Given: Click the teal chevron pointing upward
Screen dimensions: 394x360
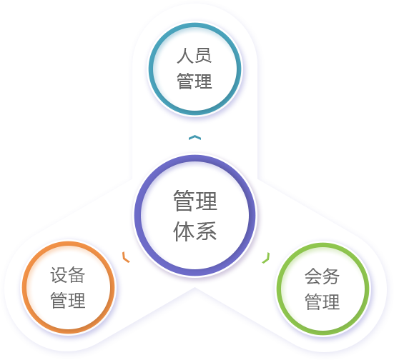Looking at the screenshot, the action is pyautogui.click(x=194, y=137).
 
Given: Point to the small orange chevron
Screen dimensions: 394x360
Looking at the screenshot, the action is pyautogui.click(x=125, y=258).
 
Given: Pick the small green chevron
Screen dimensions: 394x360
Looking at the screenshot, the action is pyautogui.click(x=267, y=259).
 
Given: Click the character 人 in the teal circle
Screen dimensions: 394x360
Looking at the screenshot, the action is pyautogui.click(x=185, y=56).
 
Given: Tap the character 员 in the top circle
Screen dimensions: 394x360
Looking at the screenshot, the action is pyautogui.click(x=203, y=56).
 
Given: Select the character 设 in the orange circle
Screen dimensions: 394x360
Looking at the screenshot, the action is pyautogui.click(x=59, y=275).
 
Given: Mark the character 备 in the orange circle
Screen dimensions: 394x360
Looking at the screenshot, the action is pyautogui.click(x=77, y=275).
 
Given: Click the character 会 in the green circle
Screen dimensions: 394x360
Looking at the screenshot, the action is pyautogui.click(x=314, y=276).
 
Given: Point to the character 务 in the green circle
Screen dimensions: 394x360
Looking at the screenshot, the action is pyautogui.click(x=331, y=276).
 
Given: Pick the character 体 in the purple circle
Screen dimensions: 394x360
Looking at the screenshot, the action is pyautogui.click(x=184, y=231).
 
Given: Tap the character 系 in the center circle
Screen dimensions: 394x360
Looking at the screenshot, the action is pyautogui.click(x=206, y=231).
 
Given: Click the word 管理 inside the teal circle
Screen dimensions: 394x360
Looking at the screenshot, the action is pyautogui.click(x=194, y=81).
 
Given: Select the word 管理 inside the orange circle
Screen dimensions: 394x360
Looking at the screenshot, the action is pyautogui.click(x=68, y=300).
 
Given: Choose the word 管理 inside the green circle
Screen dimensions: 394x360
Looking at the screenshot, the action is pyautogui.click(x=322, y=301).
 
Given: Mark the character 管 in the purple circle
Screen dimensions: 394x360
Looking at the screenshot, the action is pyautogui.click(x=184, y=201).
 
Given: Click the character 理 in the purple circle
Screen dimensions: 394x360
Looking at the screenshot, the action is pyautogui.click(x=206, y=201).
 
